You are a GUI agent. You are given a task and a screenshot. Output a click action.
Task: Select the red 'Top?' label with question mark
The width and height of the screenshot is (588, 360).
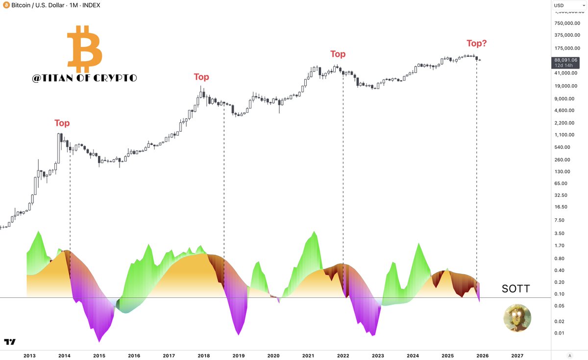pyautogui.click(x=476, y=43)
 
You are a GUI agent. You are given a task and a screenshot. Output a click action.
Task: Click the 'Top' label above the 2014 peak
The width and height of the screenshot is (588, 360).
pyautogui.click(x=62, y=123)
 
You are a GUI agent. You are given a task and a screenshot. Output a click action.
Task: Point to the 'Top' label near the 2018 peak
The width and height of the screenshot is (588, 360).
pyautogui.click(x=201, y=77)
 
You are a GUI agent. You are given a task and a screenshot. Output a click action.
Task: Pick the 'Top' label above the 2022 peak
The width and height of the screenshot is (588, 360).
pyautogui.click(x=338, y=54)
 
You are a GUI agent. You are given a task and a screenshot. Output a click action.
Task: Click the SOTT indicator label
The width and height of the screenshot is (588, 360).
pyautogui.click(x=515, y=289)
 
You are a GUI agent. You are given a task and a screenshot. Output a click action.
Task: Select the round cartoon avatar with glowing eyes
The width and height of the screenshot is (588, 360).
pyautogui.click(x=517, y=318)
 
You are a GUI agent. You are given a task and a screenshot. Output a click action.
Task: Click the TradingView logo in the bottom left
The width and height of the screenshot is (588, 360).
pyautogui.click(x=9, y=342)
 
